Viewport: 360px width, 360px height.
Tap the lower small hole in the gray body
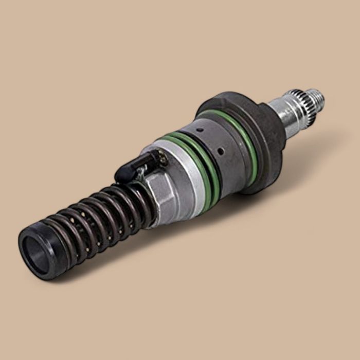click(x=220, y=152)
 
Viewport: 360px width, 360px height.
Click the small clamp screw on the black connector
click(x=163, y=160)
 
